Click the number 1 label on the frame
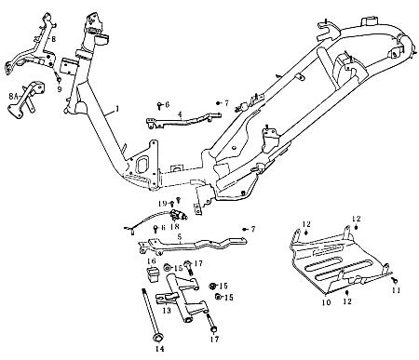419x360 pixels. coord(116,110)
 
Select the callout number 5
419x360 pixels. coord(180,237)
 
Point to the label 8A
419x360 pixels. coord(12,94)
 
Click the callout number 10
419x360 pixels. coord(327,302)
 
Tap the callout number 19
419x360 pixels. coord(160,202)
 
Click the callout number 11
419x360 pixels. coord(396,290)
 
